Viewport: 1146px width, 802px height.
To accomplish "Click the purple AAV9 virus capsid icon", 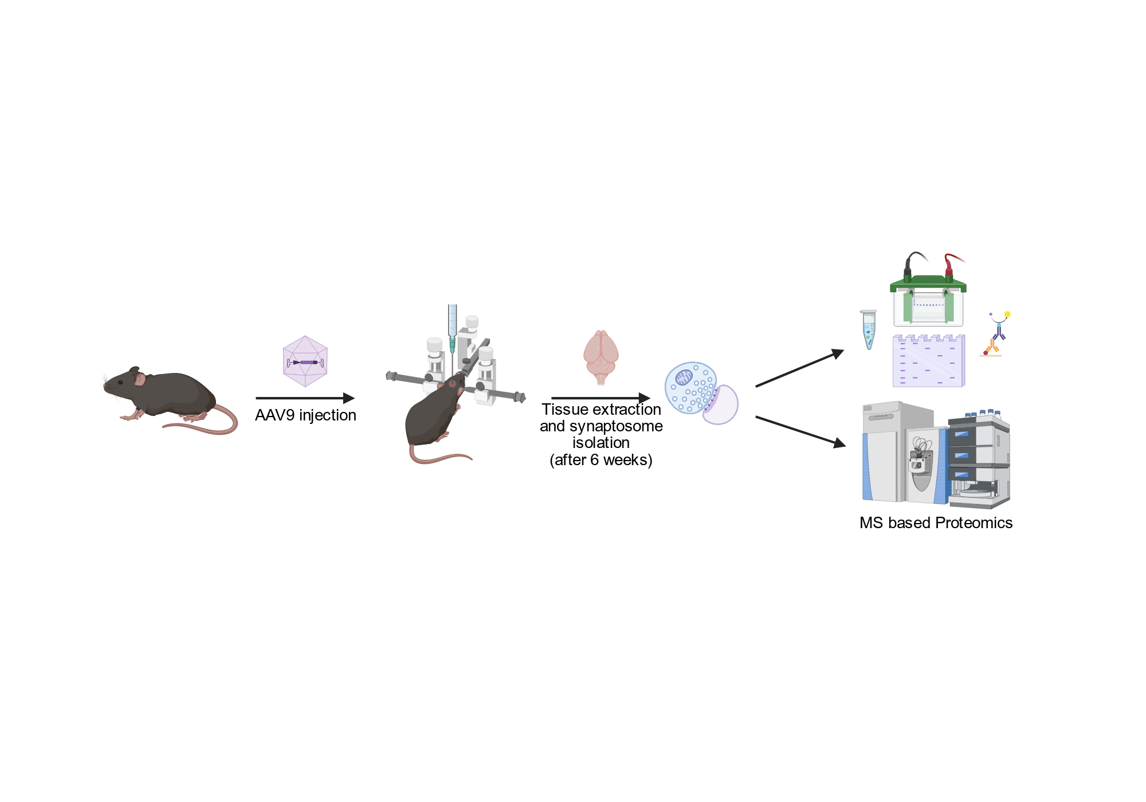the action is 305,361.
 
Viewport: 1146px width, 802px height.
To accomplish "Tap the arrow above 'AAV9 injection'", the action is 305,398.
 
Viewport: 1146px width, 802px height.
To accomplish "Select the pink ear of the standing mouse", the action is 139,379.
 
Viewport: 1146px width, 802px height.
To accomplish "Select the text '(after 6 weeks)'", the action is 601,460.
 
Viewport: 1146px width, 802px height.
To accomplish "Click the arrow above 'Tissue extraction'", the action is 601,398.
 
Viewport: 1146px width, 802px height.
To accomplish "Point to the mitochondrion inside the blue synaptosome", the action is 684,377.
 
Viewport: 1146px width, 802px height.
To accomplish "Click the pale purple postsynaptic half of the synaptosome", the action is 721,404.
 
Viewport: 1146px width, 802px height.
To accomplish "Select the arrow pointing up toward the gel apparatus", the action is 800,368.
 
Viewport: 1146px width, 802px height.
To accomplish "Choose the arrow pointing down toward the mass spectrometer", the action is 800,431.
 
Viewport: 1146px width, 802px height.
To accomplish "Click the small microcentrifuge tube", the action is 869,329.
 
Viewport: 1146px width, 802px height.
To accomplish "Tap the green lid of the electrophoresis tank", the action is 928,283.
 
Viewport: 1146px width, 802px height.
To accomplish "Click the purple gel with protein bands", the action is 929,361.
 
